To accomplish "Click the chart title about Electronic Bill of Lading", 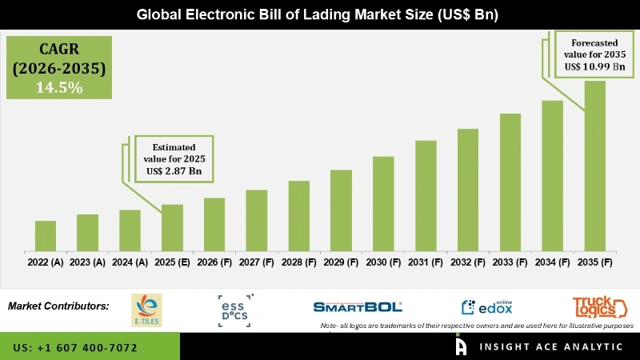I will point(319,14).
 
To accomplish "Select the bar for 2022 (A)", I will point(46,236).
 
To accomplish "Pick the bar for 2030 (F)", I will point(383,204).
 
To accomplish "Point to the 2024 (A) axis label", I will point(130,262).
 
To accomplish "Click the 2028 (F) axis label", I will point(298,262).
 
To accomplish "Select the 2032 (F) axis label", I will point(468,262).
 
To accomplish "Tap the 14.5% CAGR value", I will point(59,88).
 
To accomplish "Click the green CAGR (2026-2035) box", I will point(59,67).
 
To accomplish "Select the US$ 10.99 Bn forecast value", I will point(594,66).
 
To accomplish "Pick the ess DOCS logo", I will point(234,310).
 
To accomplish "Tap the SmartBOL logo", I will point(358,306).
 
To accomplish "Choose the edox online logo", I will point(487,307).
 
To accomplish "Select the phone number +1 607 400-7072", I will point(75,348).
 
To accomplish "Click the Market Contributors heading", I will point(58,306).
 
